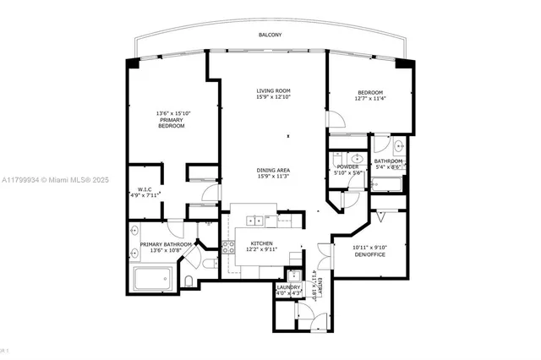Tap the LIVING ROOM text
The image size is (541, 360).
pyautogui.click(x=274, y=91)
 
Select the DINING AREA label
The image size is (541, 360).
pyautogui.click(x=274, y=169)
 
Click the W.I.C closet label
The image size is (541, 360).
pyautogui.click(x=144, y=189)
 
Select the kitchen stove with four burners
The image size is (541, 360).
pyautogui.click(x=227, y=247)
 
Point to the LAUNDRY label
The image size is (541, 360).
pyautogui.click(x=289, y=287)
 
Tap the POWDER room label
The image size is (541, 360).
pyautogui.click(x=347, y=166)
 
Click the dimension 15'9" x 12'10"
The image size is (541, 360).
pyautogui.click(x=274, y=99)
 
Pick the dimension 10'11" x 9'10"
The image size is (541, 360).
pyautogui.click(x=369, y=247)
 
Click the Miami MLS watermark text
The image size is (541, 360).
pyautogui.click(x=51, y=180)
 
